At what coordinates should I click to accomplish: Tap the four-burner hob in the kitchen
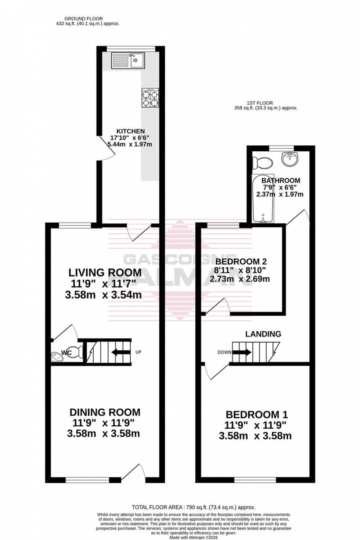tap(150, 98)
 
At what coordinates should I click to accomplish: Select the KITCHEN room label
tap(130, 131)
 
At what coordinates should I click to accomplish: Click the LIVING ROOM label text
tap(105, 273)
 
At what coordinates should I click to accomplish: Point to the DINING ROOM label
tap(105, 412)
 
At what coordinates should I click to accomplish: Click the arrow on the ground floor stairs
tap(121, 353)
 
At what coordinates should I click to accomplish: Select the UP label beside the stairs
tap(138, 352)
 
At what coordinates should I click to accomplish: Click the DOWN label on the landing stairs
tap(224, 352)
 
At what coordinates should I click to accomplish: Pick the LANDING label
tap(263, 334)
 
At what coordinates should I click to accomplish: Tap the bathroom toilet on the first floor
tap(264, 162)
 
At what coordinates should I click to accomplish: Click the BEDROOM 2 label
tap(241, 262)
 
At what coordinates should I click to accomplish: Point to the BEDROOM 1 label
tap(256, 415)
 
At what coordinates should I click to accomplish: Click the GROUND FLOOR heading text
tap(83, 18)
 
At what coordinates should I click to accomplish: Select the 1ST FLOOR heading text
tap(260, 103)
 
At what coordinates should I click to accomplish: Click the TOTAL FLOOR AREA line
tap(194, 507)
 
